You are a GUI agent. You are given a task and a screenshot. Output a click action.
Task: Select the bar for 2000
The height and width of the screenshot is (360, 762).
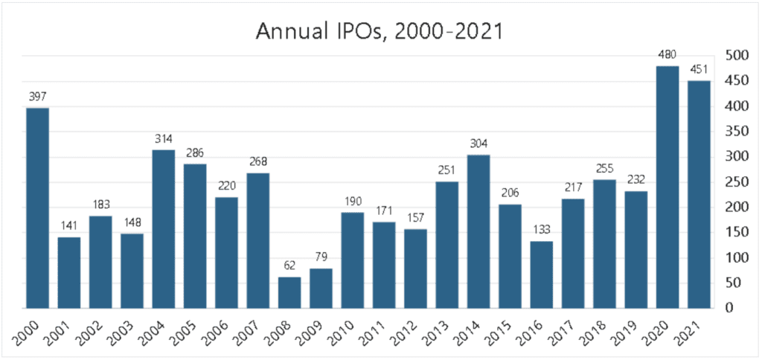[x=37, y=208]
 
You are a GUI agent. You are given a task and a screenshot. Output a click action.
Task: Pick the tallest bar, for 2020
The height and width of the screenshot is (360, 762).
[x=667, y=187]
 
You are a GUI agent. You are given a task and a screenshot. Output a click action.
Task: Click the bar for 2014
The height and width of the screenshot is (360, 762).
[x=478, y=231]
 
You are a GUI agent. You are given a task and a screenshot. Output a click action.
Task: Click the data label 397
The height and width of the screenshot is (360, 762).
[x=37, y=97]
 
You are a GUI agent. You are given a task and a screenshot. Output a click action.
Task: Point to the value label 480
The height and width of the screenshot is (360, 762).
[x=667, y=55]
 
